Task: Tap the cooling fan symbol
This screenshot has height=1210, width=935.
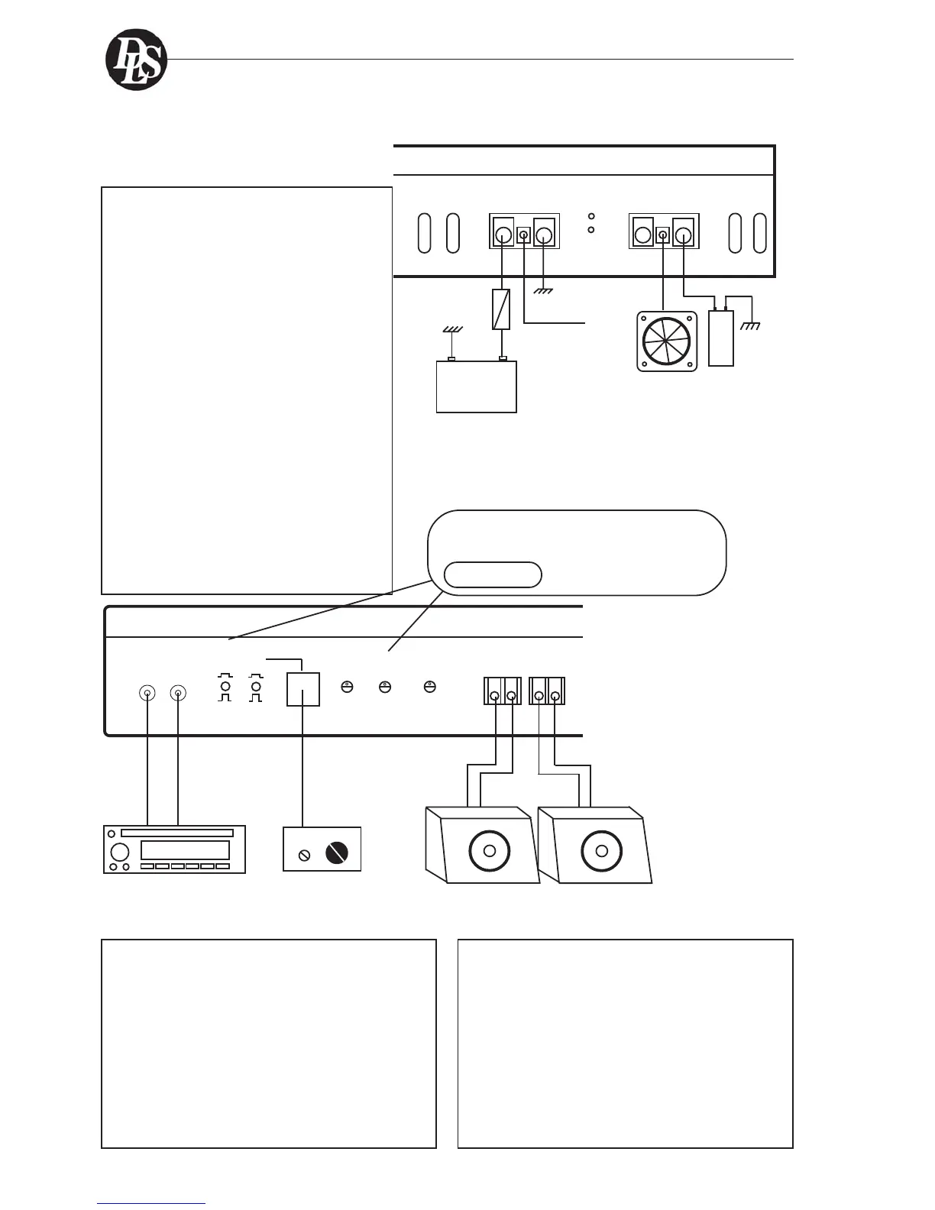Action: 667,341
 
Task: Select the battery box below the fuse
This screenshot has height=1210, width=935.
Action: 476,387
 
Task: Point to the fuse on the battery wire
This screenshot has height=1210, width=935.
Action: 501,309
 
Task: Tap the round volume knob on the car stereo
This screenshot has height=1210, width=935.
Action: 120,852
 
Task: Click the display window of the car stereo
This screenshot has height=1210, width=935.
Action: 185,850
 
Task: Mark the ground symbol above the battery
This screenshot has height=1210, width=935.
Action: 452,329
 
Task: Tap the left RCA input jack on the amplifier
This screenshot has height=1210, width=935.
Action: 147,694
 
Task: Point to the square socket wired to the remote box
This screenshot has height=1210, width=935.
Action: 302,689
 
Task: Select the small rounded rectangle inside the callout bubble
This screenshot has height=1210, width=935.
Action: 493,575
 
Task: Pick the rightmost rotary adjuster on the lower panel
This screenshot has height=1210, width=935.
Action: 430,687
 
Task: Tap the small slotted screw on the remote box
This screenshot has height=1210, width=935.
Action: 305,855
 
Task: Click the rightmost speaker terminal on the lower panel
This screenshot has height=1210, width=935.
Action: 556,696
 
